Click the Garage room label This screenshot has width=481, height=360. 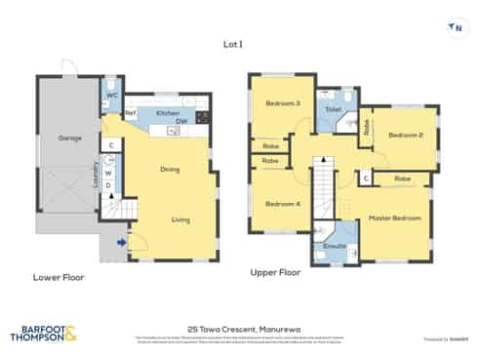click(x=68, y=139)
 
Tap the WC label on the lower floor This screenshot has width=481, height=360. click(x=112, y=96)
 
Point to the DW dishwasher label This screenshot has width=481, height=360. click(x=181, y=122)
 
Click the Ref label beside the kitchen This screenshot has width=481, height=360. click(x=129, y=114)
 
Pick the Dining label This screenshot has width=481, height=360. click(x=170, y=170)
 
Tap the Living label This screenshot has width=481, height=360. click(x=180, y=220)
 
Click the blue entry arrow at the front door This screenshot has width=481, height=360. click(x=122, y=242)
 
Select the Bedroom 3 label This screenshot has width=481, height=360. click(x=284, y=104)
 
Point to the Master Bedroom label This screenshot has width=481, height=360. click(x=395, y=219)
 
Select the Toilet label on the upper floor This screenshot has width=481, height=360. click(x=332, y=110)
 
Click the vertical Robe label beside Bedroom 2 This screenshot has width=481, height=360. click(x=366, y=126)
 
